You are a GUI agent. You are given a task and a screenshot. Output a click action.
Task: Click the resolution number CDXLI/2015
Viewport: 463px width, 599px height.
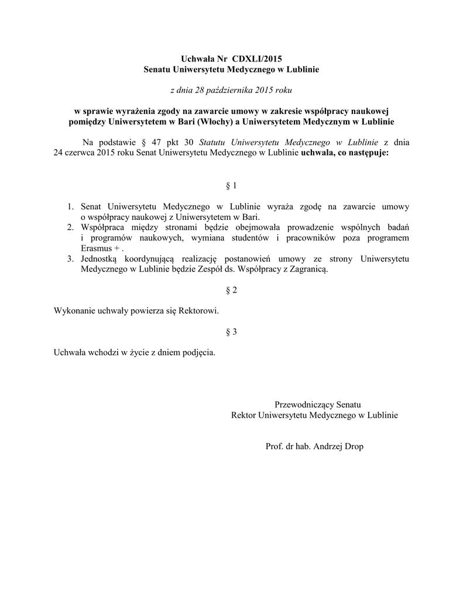point(257,58)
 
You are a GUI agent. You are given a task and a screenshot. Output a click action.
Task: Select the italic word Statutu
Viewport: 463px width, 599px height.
point(214,142)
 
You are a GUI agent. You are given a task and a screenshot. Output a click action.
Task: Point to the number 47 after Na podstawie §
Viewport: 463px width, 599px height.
point(156,142)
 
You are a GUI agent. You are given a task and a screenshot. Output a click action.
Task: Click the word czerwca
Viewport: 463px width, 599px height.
point(82,153)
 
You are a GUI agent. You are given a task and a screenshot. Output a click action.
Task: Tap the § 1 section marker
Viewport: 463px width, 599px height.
point(231,186)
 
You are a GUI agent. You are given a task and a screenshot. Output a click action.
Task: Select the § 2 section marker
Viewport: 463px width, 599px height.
point(231,290)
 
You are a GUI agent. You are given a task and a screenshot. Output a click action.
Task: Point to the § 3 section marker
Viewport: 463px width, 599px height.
point(231,332)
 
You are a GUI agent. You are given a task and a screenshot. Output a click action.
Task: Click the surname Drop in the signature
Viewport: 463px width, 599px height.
point(353,446)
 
